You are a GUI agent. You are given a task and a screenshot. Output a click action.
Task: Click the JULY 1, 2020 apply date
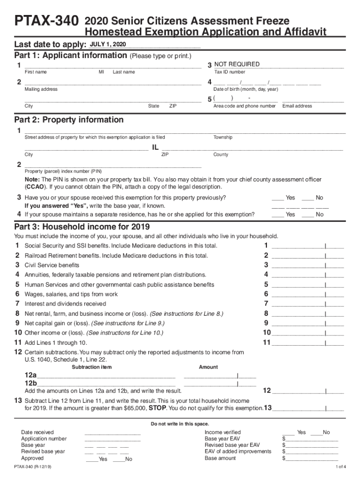pos(108,44)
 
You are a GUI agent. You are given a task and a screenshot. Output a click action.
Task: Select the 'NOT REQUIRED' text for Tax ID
pos(237,64)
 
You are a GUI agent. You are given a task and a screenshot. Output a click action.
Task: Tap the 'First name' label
pos(36,72)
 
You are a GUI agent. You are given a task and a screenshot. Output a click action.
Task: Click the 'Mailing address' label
pos(41,89)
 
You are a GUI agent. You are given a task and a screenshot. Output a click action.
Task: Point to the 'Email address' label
pos(297,106)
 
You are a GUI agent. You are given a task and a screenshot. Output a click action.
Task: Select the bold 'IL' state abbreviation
pos(156,148)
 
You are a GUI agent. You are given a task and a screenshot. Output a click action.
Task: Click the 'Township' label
pos(223,138)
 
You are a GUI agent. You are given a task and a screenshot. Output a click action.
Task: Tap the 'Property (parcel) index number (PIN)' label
pos(63,171)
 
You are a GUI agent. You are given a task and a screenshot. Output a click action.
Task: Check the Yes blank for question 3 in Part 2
pos(277,197)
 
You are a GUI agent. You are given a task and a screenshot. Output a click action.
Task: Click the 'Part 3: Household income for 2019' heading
pos(81,227)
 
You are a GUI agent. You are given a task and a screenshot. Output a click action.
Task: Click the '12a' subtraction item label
pos(30,375)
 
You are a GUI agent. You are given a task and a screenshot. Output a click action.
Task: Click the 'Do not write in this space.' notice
pos(180,424)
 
